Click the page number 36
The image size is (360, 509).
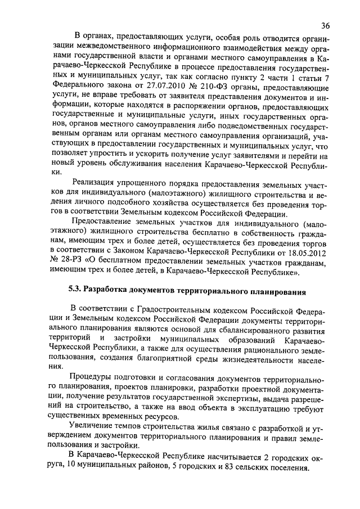(x=326, y=25)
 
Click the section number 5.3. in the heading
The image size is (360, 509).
(x=74, y=291)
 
